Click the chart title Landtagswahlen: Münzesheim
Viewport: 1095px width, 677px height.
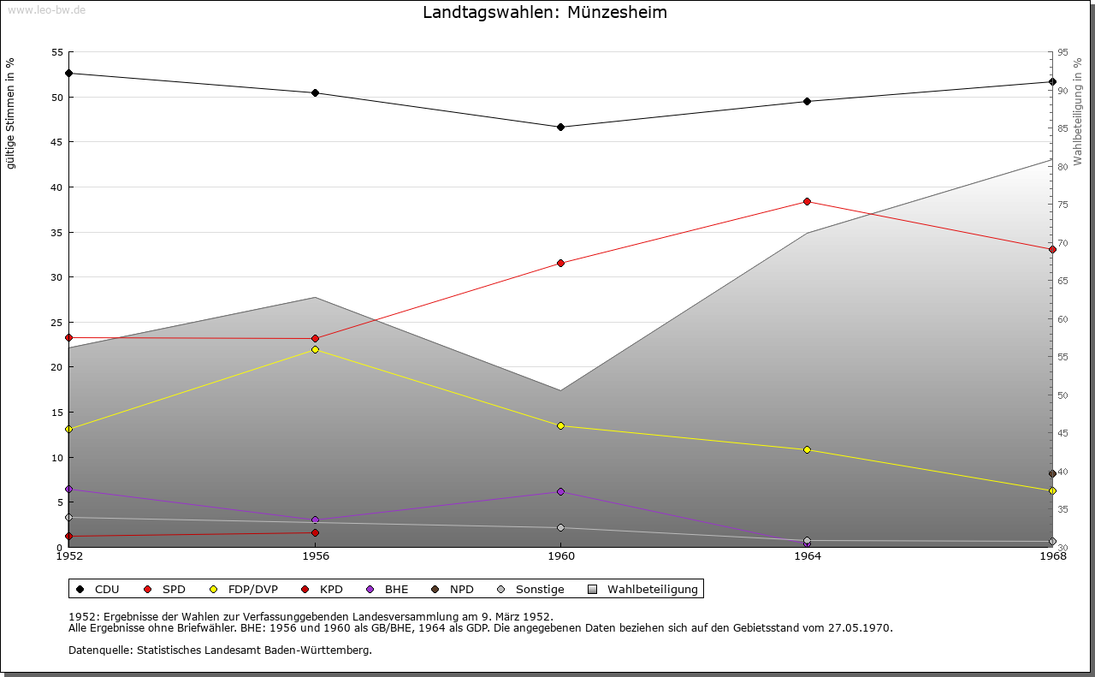pyautogui.click(x=545, y=13)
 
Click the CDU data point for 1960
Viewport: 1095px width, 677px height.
pyautogui.click(x=560, y=127)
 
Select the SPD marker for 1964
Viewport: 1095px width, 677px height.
pyautogui.click(x=807, y=201)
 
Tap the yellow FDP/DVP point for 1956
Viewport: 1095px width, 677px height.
pyautogui.click(x=315, y=349)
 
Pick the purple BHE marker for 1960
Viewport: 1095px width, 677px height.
pyautogui.click(x=560, y=491)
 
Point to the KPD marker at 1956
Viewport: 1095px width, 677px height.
pyautogui.click(x=315, y=532)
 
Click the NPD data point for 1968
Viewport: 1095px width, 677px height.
pyautogui.click(x=1052, y=473)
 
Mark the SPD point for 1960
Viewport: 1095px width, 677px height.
pyautogui.click(x=560, y=263)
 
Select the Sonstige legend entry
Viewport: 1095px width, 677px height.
pyautogui.click(x=531, y=589)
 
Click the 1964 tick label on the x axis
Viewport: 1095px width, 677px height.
pyautogui.click(x=807, y=556)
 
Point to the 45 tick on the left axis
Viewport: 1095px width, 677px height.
pyautogui.click(x=57, y=142)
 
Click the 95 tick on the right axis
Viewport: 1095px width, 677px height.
pyautogui.click(x=1062, y=52)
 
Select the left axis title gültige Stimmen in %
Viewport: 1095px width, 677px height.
pyautogui.click(x=11, y=114)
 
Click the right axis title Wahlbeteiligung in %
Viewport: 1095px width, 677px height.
pyautogui.click(x=1078, y=111)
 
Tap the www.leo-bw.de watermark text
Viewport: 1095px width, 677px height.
pyautogui.click(x=45, y=9)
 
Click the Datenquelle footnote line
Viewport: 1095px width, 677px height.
pyautogui.click(x=220, y=650)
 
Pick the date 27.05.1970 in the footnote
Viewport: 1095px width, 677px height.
pyautogui.click(x=860, y=627)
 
